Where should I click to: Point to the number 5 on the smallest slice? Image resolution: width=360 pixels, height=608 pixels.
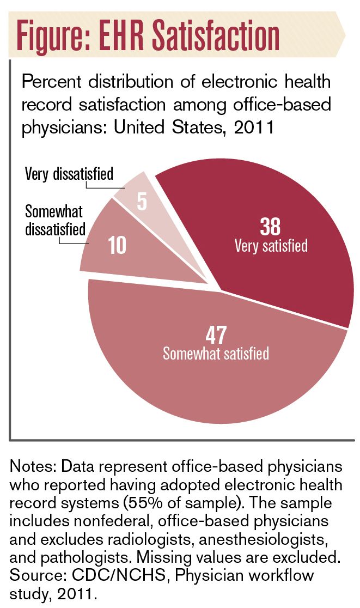tap(142, 201)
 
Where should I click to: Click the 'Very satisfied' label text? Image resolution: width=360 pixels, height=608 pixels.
tap(271, 245)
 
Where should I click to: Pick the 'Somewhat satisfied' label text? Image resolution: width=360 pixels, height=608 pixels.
tap(216, 353)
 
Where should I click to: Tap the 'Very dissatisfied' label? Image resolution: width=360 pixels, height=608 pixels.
tap(69, 174)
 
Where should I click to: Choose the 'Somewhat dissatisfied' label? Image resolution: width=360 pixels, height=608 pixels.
tap(56, 220)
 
